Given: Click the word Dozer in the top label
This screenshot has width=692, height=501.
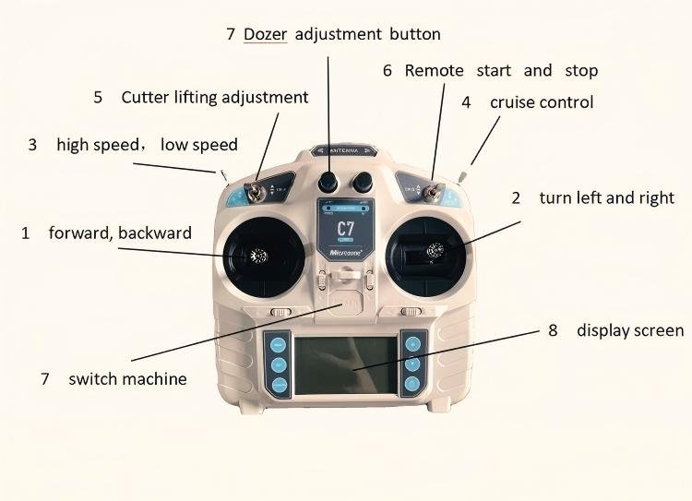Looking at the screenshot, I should click(266, 34).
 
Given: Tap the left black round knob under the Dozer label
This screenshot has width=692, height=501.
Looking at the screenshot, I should click(329, 179).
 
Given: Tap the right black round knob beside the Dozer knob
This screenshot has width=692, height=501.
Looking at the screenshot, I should click(363, 179).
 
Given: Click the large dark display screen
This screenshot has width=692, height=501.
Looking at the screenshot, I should click(346, 366).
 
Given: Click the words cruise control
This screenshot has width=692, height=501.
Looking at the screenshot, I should click(541, 101).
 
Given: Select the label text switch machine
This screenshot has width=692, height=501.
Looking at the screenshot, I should click(127, 379).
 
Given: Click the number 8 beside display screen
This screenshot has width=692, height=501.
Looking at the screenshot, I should click(553, 330).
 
